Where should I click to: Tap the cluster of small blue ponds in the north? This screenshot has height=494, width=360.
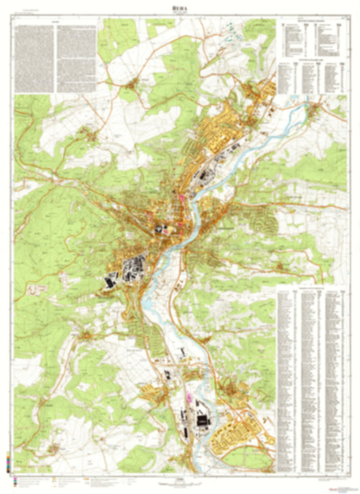click(x=233, y=30)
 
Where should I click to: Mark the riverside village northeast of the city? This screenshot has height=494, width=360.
click(x=314, y=108)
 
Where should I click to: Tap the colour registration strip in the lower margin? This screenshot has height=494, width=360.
click(x=7, y=466)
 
